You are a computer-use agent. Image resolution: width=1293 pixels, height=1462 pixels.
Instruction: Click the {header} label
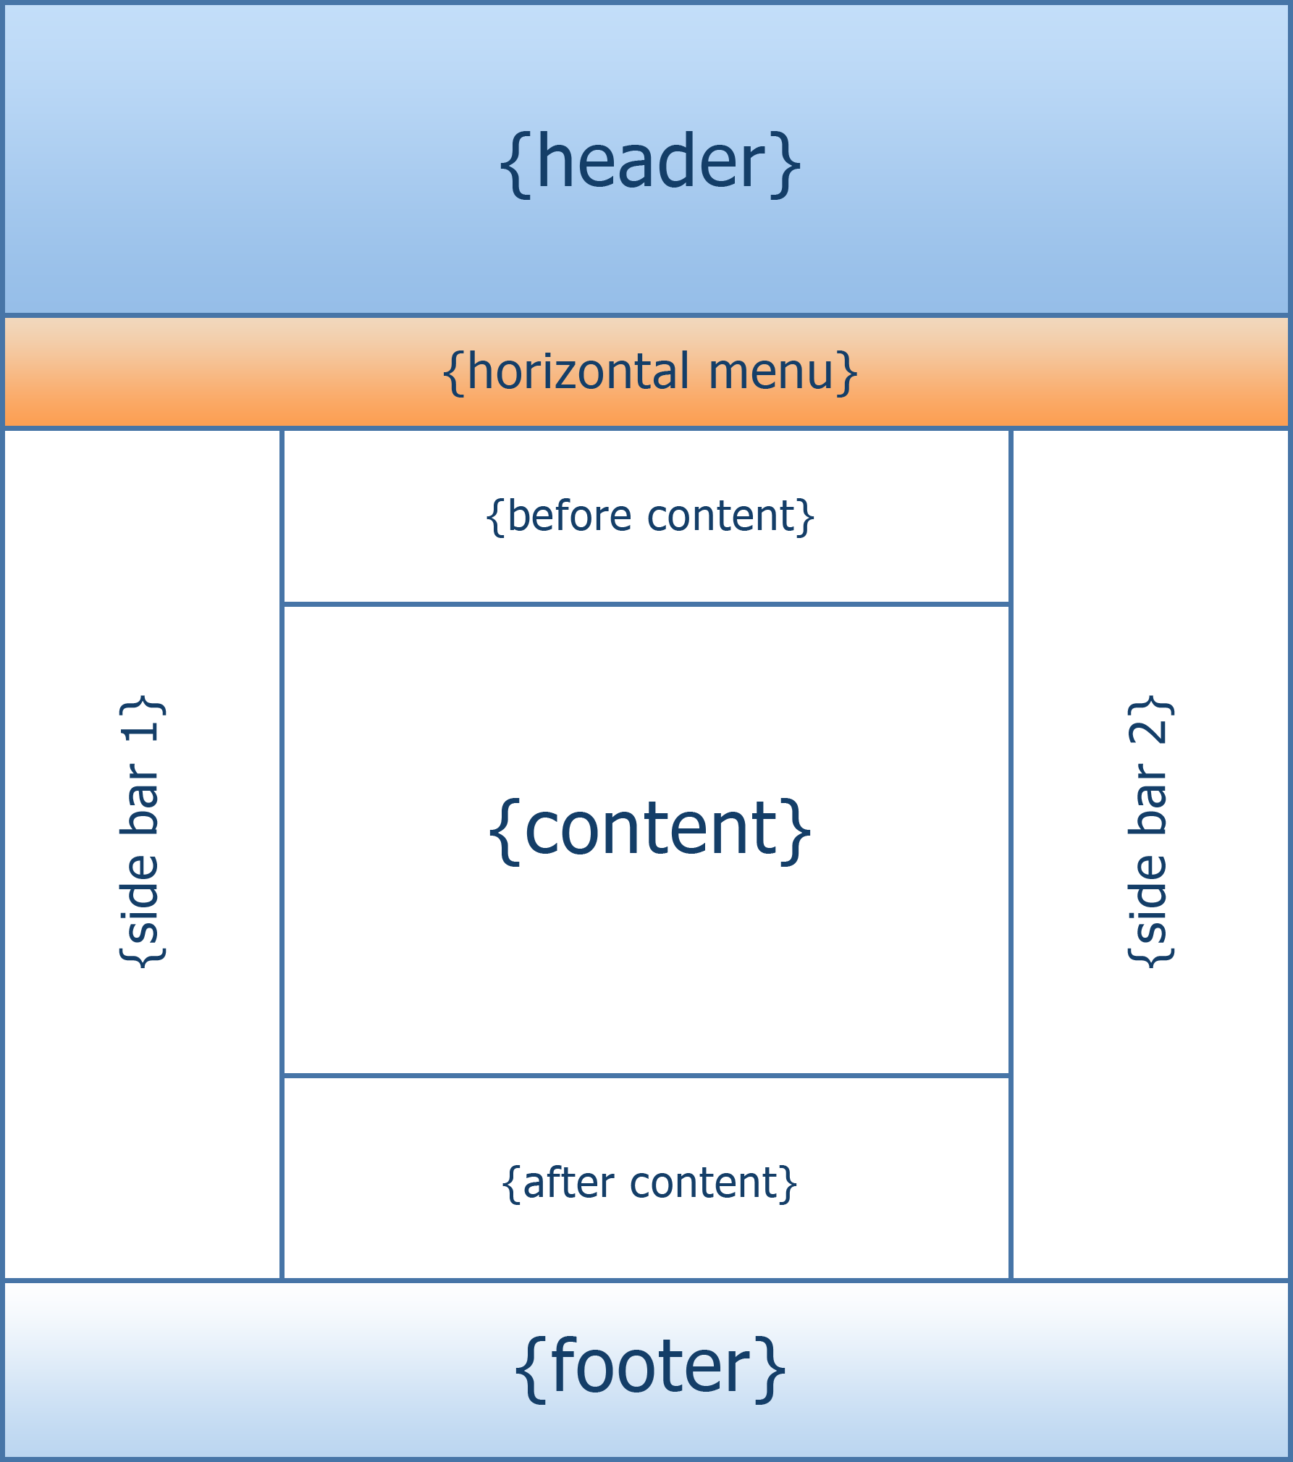pyautogui.click(x=650, y=164)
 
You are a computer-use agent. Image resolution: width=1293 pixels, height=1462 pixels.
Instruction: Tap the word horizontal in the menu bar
pyautogui.click(x=578, y=371)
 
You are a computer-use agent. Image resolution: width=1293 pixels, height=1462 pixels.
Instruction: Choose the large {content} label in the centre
pyautogui.click(x=650, y=829)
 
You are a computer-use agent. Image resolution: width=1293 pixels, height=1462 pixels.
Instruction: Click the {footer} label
pyautogui.click(x=650, y=1367)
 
